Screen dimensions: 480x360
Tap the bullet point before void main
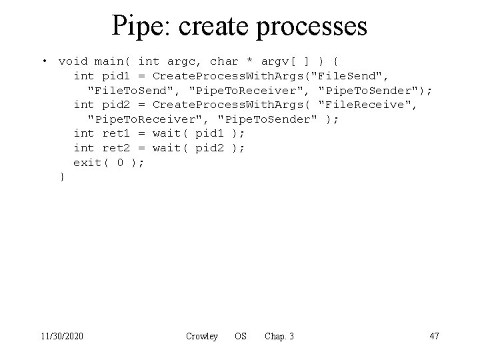(x=44, y=61)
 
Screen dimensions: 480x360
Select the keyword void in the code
(x=73, y=61)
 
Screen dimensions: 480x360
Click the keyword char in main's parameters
(x=224, y=61)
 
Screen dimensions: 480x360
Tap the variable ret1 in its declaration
(x=115, y=133)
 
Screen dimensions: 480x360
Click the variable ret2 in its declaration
(x=115, y=148)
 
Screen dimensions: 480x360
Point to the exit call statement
(x=108, y=163)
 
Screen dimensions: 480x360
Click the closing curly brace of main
(x=62, y=177)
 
